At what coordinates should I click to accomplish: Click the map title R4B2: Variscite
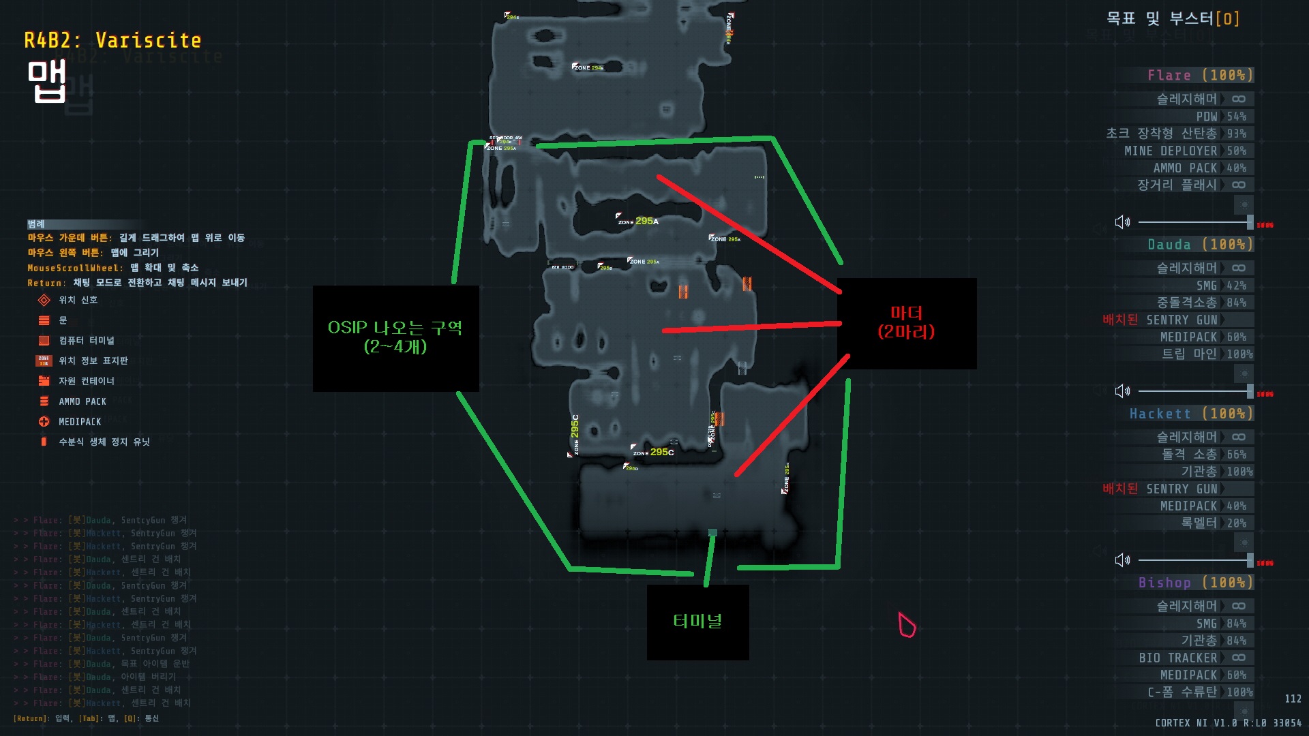tap(112, 41)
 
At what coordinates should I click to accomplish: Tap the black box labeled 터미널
tap(697, 622)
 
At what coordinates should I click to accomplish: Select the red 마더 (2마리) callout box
tap(906, 323)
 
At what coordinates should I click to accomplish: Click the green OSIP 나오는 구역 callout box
tap(395, 338)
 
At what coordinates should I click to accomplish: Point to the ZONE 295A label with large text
tap(639, 221)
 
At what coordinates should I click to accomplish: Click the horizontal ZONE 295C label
tap(653, 452)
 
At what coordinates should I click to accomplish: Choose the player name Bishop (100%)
tap(1195, 583)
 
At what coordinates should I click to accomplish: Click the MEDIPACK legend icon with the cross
tap(44, 422)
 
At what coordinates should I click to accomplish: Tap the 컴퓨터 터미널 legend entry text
tap(87, 340)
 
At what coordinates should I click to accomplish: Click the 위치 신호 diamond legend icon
tap(44, 300)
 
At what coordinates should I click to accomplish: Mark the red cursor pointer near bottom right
tap(906, 624)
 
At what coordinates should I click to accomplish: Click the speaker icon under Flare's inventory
tap(1122, 222)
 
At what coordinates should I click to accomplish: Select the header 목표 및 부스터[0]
tap(1173, 18)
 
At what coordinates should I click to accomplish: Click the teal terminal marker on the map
tap(712, 532)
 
